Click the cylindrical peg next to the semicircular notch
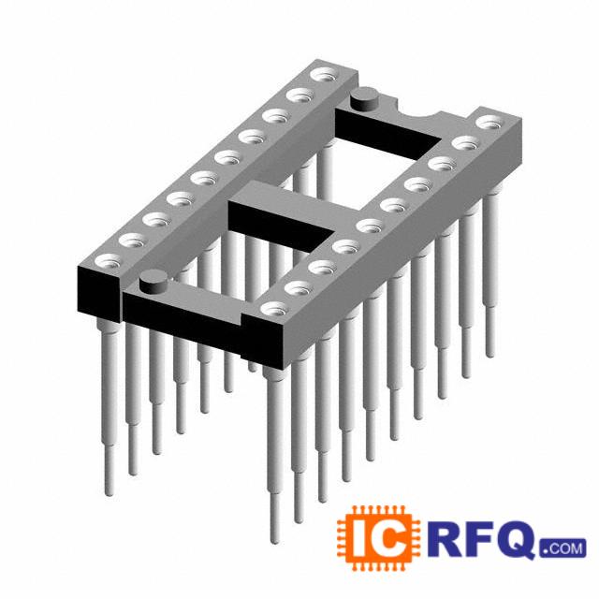(x=364, y=98)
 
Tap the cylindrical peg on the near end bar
(x=153, y=281)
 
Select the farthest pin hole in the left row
(x=324, y=75)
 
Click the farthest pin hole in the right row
(x=490, y=123)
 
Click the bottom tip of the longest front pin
(x=274, y=541)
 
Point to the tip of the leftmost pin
(x=110, y=493)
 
